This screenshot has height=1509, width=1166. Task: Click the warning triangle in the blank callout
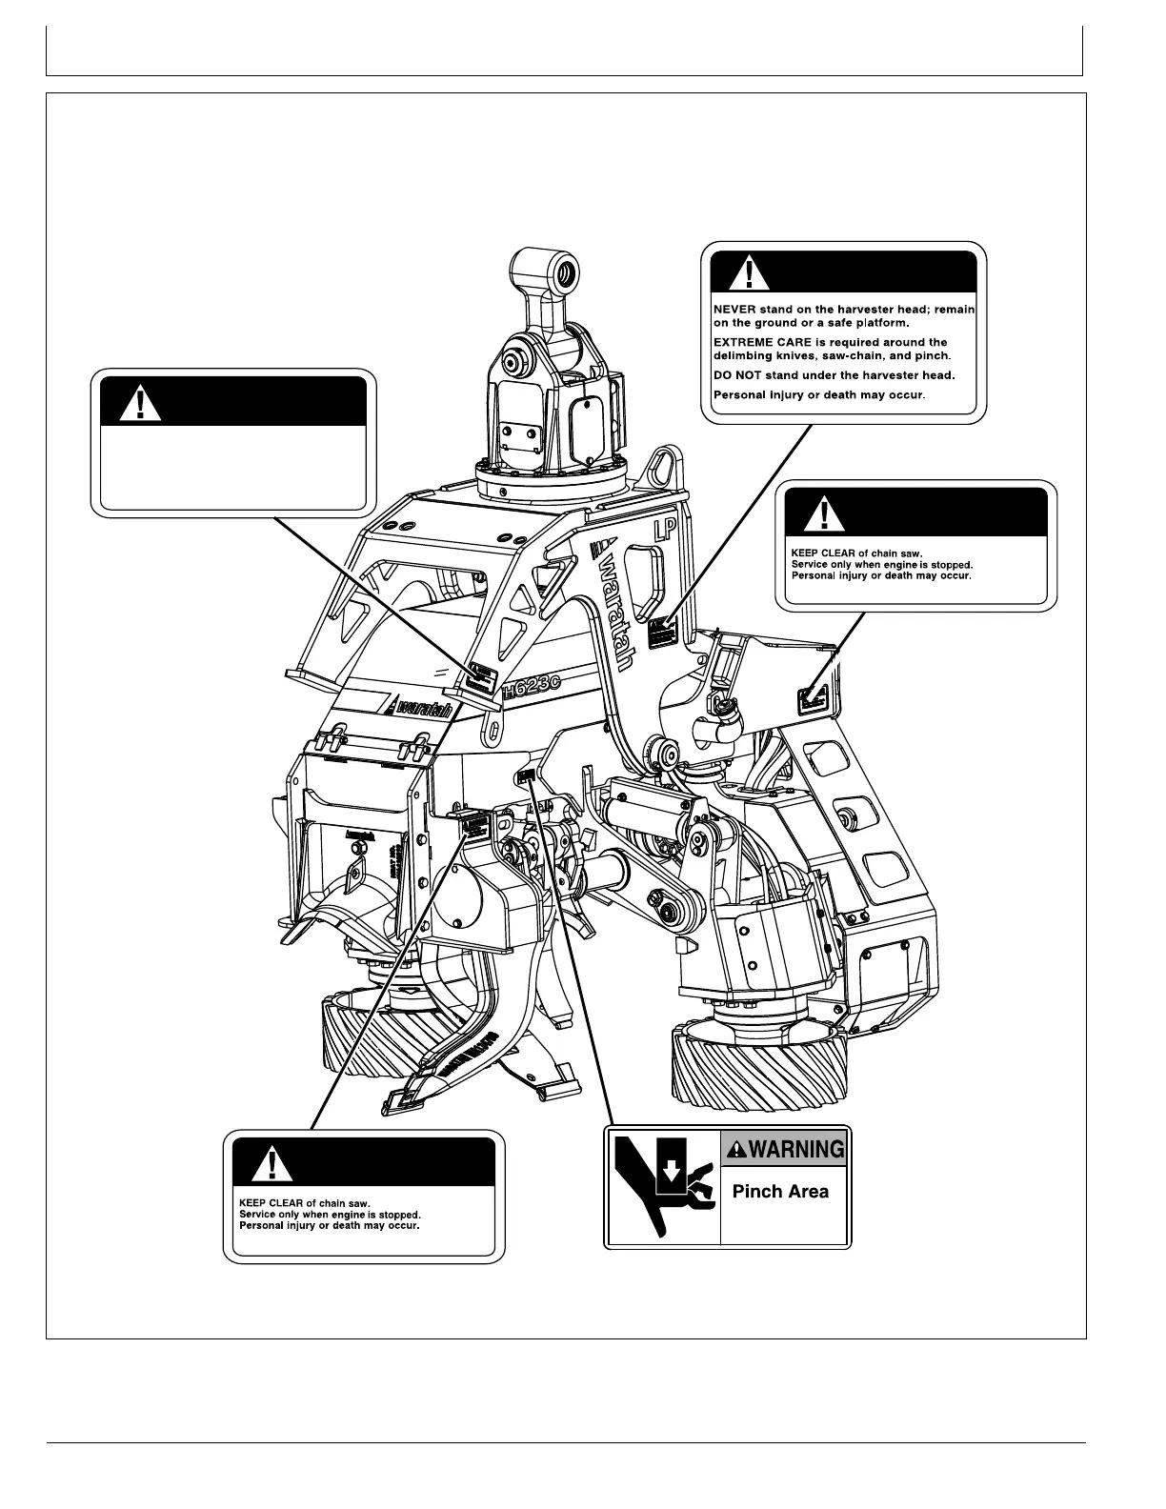pos(141,403)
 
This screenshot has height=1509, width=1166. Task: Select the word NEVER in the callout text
pos(734,310)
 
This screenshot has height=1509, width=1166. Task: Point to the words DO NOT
pos(734,374)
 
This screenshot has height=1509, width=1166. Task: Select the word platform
pos(860,323)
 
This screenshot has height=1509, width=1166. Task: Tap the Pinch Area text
pos(780,1191)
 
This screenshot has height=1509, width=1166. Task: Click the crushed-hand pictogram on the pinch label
pos(663,1187)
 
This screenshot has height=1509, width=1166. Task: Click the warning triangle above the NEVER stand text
pos(750,274)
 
